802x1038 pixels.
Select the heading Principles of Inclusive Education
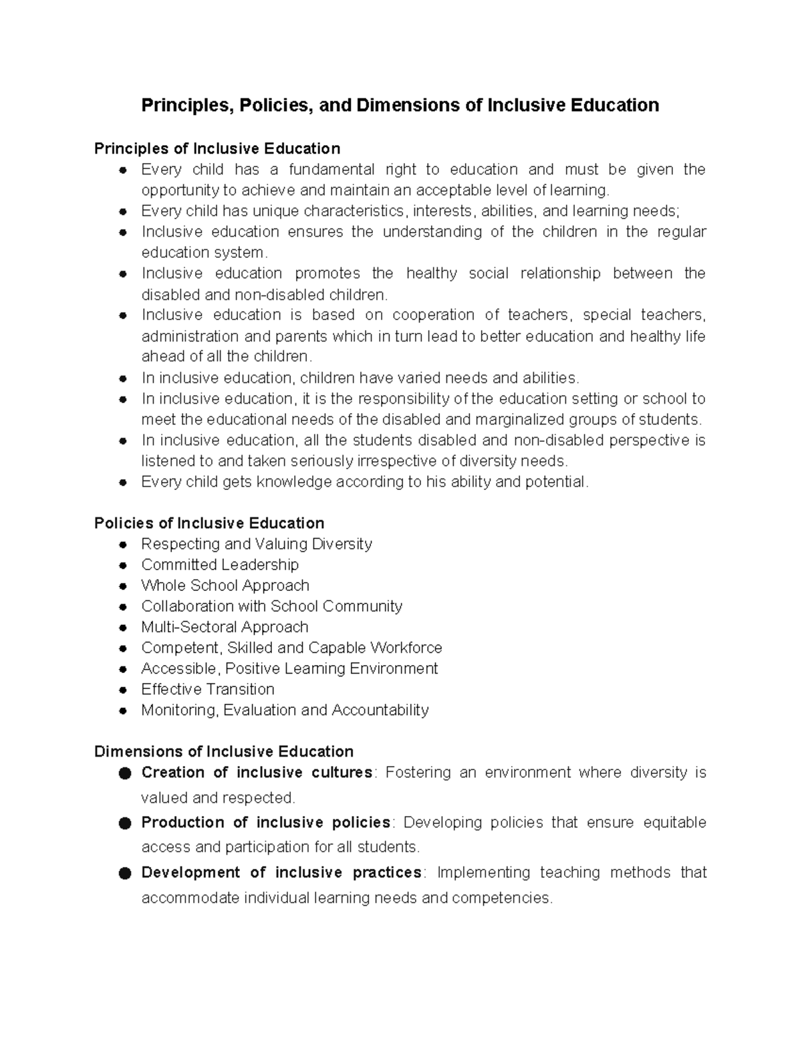(217, 148)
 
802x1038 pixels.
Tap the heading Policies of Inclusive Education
(209, 523)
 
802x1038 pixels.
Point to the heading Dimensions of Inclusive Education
(224, 751)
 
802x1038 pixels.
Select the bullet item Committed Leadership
(220, 565)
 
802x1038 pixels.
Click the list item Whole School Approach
(225, 586)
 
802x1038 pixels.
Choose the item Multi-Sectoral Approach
(225, 627)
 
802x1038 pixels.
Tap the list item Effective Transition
(208, 689)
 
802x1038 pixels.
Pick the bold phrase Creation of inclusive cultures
(257, 773)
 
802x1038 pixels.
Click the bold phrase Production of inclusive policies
(266, 822)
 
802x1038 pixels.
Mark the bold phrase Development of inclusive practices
(281, 872)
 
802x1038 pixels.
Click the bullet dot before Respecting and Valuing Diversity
(123, 545)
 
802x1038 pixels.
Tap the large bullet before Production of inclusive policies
(124, 823)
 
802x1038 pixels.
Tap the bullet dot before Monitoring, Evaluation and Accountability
(123, 710)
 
